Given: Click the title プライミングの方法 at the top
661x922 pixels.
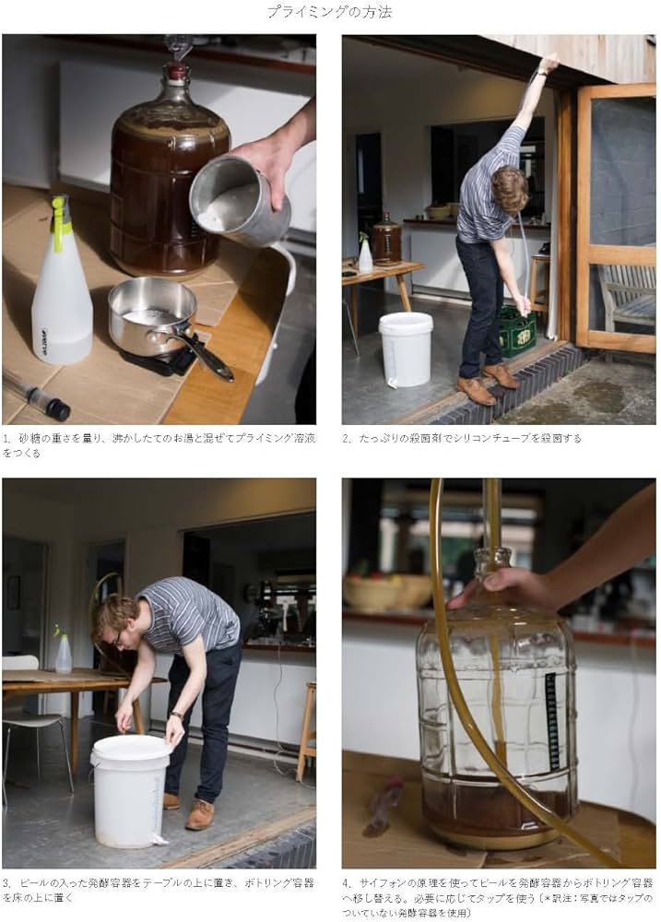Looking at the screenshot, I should (x=330, y=12).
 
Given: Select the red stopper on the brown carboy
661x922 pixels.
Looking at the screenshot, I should (x=176, y=71).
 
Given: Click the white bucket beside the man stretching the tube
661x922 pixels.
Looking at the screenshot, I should (x=406, y=349).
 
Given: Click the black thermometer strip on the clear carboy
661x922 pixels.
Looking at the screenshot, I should (x=551, y=718).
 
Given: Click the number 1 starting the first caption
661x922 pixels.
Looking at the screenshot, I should (x=6, y=439).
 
